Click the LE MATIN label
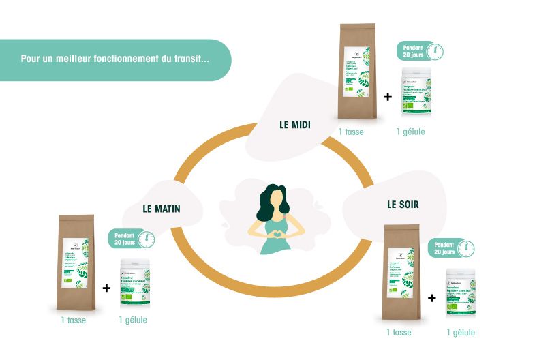162,209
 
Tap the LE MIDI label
295,125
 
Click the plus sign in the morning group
106,288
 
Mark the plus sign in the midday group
388,97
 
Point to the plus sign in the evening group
431,298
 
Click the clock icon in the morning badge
144,239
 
